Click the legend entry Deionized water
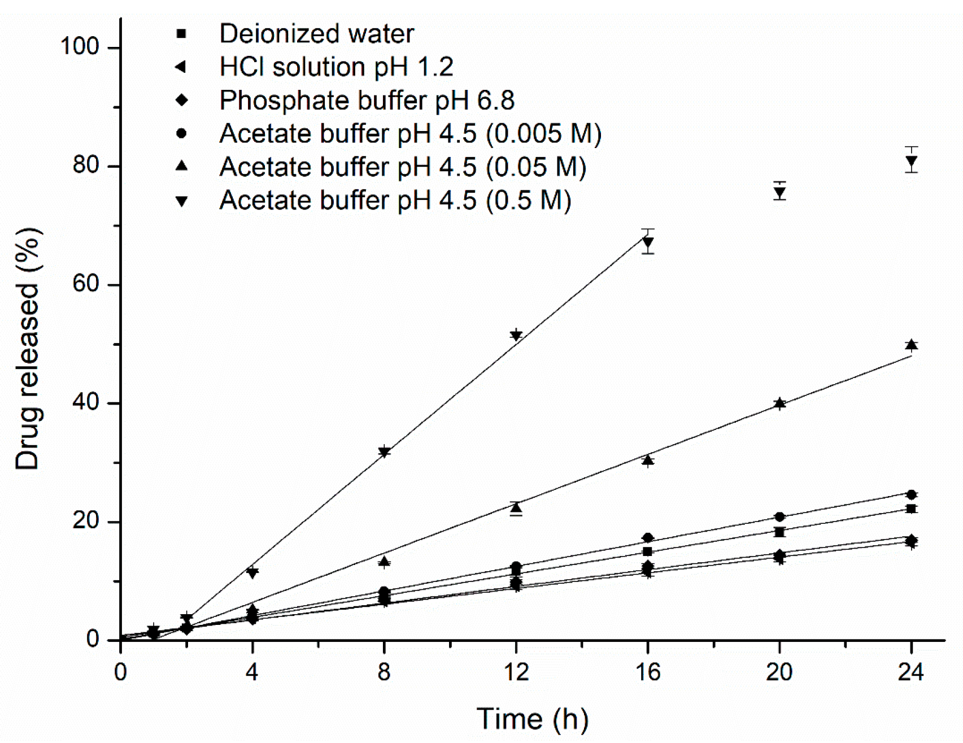click(x=316, y=34)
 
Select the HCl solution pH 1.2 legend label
click(x=336, y=67)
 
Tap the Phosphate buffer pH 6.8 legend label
click(x=367, y=101)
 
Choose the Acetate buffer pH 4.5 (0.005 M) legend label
click(x=410, y=134)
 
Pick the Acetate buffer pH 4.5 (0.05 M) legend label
click(x=403, y=167)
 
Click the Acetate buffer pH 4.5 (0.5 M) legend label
click(x=395, y=201)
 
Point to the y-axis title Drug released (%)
click(x=28, y=349)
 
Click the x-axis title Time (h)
click(x=532, y=719)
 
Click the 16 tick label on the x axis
click(x=647, y=672)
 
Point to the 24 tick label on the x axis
click(x=910, y=672)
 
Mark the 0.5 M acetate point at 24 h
click(x=911, y=162)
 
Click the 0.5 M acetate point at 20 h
click(x=779, y=193)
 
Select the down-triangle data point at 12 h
click(x=516, y=336)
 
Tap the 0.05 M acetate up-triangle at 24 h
click(x=911, y=345)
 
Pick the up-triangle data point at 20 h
click(x=779, y=403)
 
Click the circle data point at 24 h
click(x=911, y=495)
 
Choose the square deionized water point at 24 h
click(x=911, y=509)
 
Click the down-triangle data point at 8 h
click(x=384, y=452)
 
